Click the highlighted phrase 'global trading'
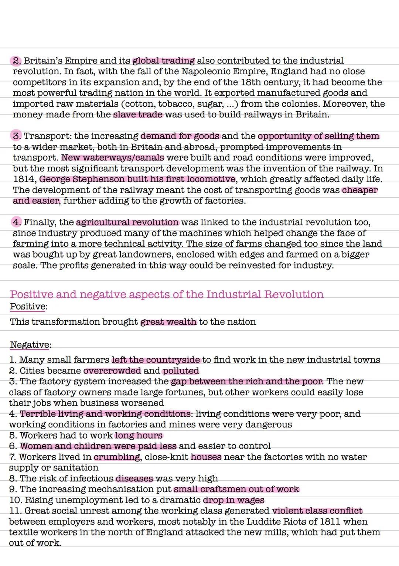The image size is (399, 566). pyautogui.click(x=164, y=61)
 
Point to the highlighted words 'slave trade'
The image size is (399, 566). pyautogui.click(x=138, y=115)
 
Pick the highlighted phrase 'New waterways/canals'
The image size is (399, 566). pyautogui.click(x=113, y=158)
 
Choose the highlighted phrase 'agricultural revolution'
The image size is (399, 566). pyautogui.click(x=127, y=222)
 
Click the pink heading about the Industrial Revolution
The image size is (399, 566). pyautogui.click(x=167, y=294)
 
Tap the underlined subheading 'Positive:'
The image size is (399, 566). pyautogui.click(x=28, y=307)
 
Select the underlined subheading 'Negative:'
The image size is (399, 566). pyautogui.click(x=30, y=345)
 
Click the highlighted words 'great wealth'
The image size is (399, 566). pyautogui.click(x=168, y=322)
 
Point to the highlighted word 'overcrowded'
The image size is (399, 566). pyautogui.click(x=112, y=371)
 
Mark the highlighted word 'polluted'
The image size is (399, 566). pyautogui.click(x=181, y=371)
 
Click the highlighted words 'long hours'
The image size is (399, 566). pyautogui.click(x=139, y=436)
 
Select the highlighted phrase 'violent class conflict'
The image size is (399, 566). pyautogui.click(x=317, y=511)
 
